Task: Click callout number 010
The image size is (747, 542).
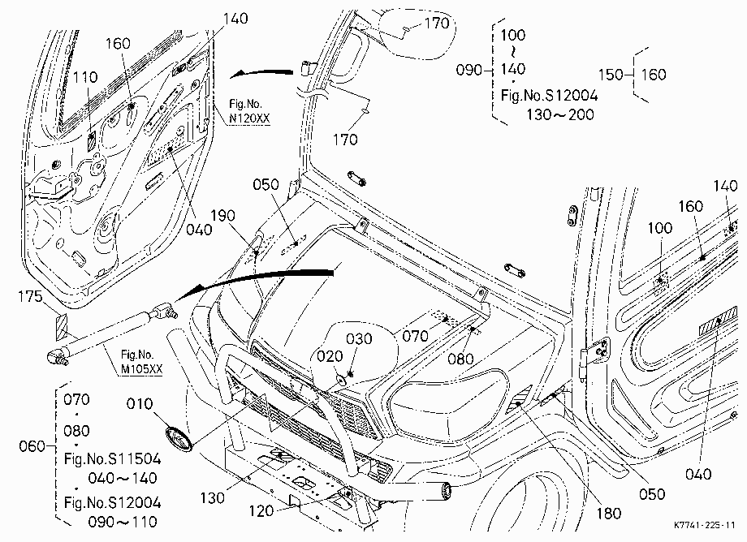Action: [x=140, y=404]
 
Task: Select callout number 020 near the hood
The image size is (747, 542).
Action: [x=330, y=356]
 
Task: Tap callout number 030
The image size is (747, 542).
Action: [x=359, y=339]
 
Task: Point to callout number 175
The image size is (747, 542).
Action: [x=30, y=297]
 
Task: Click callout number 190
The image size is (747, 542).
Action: [x=223, y=216]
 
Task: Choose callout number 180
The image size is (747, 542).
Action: [x=609, y=513]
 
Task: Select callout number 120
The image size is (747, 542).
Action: [x=261, y=511]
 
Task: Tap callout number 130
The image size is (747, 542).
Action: [x=212, y=498]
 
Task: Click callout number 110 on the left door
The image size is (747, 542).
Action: [x=86, y=77]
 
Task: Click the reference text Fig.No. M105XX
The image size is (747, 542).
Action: [x=141, y=362]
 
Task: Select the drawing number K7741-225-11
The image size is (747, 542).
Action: [x=705, y=525]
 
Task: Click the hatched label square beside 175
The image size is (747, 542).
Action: [x=62, y=327]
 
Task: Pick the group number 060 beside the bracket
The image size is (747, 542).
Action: [x=32, y=446]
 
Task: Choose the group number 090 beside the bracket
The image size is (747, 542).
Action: [x=469, y=71]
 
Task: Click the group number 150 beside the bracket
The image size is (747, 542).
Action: [x=611, y=75]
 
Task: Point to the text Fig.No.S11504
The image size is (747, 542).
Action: [x=112, y=458]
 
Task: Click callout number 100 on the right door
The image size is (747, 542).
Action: [x=660, y=228]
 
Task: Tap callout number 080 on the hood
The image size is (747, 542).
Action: [x=460, y=359]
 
